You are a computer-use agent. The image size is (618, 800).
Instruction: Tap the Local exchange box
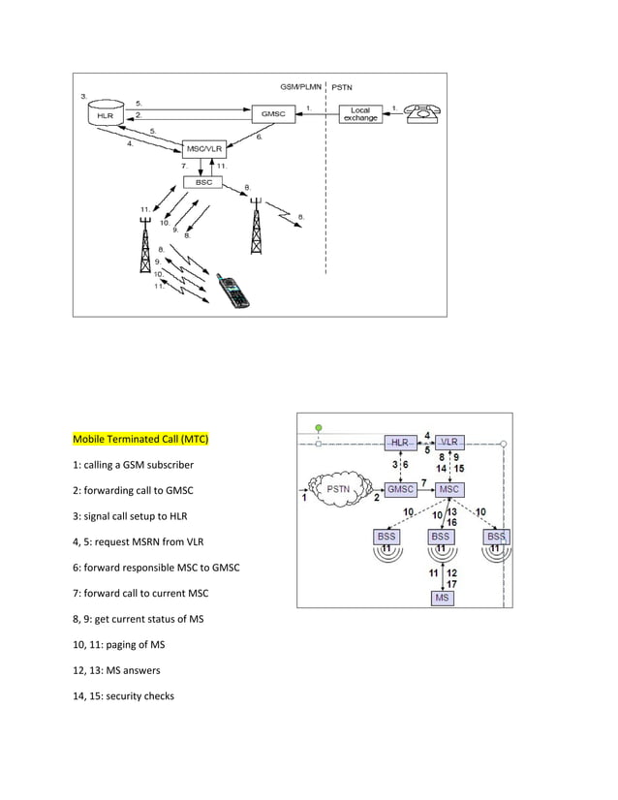point(359,114)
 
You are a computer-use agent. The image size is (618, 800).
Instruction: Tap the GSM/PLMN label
point(301,86)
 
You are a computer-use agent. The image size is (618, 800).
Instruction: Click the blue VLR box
point(451,442)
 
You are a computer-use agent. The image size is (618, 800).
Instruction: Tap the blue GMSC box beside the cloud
point(400,489)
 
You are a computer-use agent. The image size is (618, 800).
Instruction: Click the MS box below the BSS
point(442,598)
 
